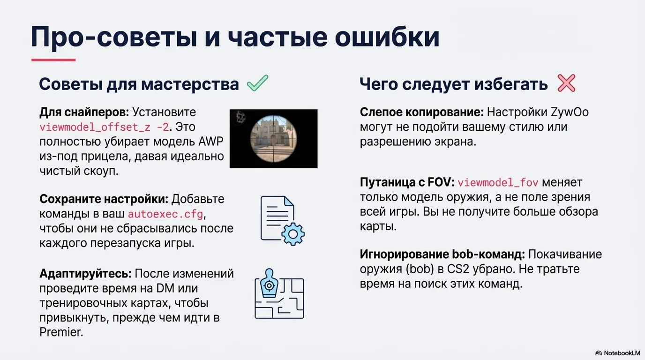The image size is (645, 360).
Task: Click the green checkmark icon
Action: (257, 84)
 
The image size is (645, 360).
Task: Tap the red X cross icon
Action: (566, 83)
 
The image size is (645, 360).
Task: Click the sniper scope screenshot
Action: (273, 139)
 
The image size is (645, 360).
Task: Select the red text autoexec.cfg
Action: (166, 214)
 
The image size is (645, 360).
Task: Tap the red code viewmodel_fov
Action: (498, 182)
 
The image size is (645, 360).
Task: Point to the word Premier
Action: (60, 333)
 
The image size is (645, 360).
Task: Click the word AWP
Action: (211, 142)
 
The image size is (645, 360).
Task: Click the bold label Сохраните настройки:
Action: (104, 199)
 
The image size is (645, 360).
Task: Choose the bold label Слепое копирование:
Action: (421, 112)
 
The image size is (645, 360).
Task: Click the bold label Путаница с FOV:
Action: (407, 182)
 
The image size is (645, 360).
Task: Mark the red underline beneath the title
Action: (53, 60)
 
